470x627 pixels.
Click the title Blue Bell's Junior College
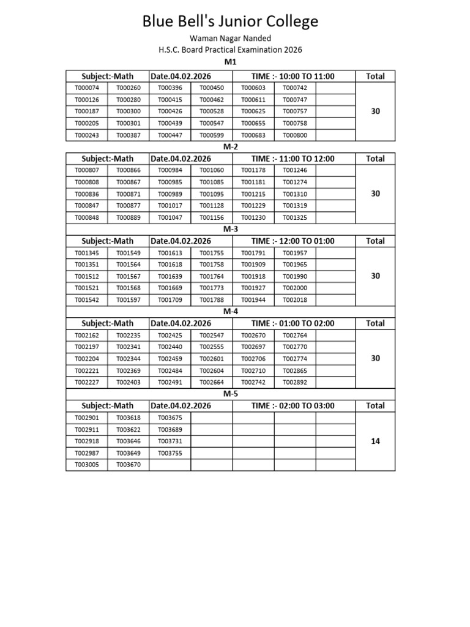[x=230, y=22]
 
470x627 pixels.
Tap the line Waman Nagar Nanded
[x=230, y=39]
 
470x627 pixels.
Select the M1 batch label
[x=230, y=62]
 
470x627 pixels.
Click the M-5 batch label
[x=230, y=393]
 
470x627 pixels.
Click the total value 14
[x=376, y=441]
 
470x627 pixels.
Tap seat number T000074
[x=86, y=88]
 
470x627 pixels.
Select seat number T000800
[x=295, y=135]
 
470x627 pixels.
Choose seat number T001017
[x=170, y=206]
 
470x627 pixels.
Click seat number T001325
[x=295, y=217]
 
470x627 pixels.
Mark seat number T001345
[x=86, y=253]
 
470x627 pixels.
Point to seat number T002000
[x=295, y=288]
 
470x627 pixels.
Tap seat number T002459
[x=170, y=359]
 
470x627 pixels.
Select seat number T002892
[x=295, y=383]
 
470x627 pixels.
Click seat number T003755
[x=170, y=453]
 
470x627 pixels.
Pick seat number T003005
[x=86, y=465]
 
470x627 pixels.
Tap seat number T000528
[x=212, y=111]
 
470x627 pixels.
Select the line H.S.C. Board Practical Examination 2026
[x=230, y=50]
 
